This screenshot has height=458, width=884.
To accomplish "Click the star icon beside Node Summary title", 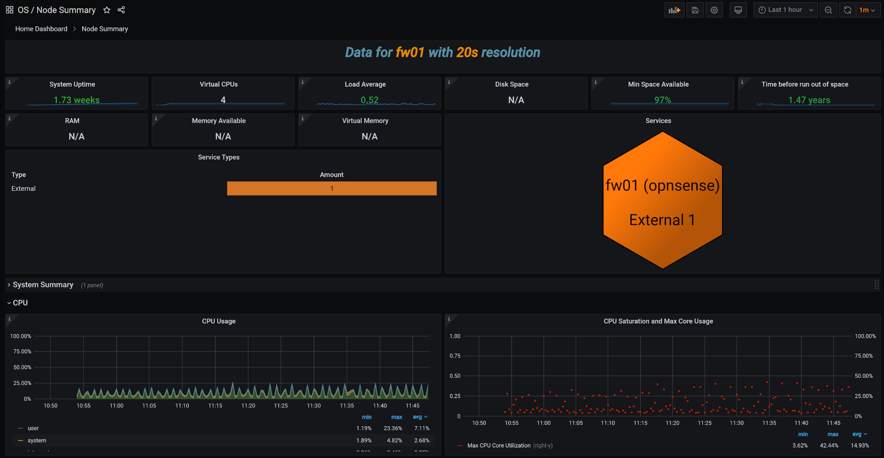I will point(107,10).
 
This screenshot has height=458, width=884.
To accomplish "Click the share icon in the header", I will point(121,10).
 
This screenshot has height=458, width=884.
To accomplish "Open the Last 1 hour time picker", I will point(785,10).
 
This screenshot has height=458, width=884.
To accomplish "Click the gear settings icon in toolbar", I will point(714,10).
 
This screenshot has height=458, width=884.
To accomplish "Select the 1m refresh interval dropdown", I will point(867,10).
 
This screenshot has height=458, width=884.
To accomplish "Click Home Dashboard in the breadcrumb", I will point(41,29).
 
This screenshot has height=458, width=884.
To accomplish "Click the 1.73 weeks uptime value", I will point(77,100).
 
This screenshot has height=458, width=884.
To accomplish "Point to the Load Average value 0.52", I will point(369,100).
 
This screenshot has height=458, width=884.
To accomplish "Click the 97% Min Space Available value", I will point(662,100).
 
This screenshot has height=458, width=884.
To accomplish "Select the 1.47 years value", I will point(809,100).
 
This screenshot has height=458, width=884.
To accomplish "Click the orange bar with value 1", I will point(332,188).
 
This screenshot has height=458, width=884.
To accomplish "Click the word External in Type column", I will point(23,189).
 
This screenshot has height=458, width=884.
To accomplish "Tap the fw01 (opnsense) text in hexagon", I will point(662,185).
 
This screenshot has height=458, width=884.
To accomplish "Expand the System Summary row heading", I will point(43,285).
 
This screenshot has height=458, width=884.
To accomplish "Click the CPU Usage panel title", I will point(218,321).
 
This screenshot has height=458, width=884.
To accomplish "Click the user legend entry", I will point(33,428).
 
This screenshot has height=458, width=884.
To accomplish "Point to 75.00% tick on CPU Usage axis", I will point(22,352).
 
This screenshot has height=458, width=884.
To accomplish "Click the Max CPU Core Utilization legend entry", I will point(498,446).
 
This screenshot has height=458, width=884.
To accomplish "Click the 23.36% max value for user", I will point(393,428).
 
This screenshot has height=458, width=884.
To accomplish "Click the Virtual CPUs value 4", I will point(223,100).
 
